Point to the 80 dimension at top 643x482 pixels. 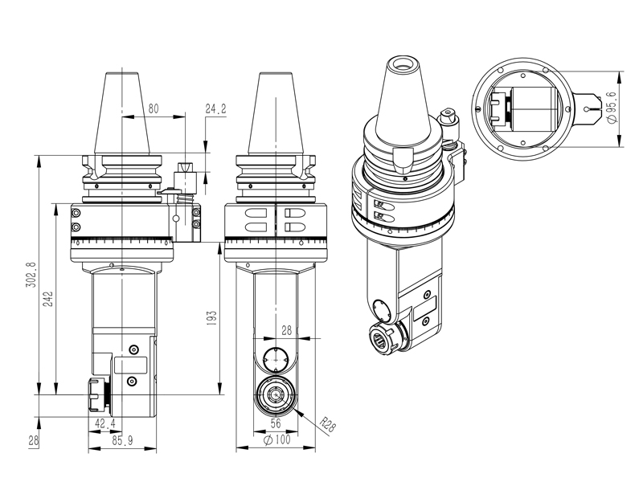point(154,108)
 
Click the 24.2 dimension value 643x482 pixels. point(216,108)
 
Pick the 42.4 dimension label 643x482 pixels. point(105,423)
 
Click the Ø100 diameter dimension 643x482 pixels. point(276,439)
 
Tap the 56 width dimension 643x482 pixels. point(276,423)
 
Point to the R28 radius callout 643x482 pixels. point(326,423)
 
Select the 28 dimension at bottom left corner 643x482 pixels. point(33,439)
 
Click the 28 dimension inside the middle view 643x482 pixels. point(287,330)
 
